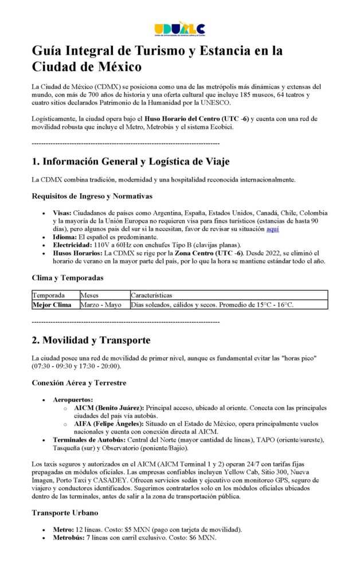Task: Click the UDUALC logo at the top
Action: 179,29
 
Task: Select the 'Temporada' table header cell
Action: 48,295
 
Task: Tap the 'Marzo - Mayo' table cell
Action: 100,305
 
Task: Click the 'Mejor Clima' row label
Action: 52,305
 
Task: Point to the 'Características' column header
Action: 151,295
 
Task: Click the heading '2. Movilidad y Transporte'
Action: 91,340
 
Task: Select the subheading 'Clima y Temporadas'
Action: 68,278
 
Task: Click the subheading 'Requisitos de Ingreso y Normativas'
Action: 92,197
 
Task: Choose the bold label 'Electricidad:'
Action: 73,244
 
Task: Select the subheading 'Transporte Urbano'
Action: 65,513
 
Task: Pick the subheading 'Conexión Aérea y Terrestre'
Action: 79,382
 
